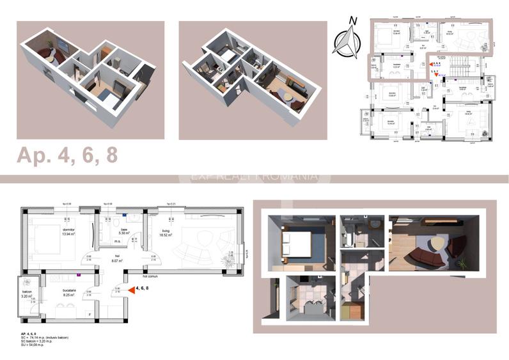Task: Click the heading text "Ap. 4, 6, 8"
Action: pyautogui.click(x=67, y=155)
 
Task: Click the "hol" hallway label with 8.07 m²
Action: pyautogui.click(x=117, y=258)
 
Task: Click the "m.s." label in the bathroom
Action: pyautogui.click(x=117, y=242)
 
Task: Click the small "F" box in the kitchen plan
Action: pyautogui.click(x=89, y=314)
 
